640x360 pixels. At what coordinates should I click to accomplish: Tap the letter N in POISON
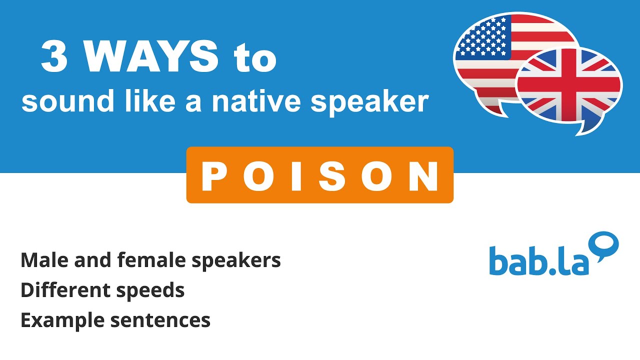coord(425,176)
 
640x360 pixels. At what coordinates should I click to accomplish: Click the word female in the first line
coord(143,260)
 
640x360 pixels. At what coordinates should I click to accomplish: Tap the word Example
coord(62,320)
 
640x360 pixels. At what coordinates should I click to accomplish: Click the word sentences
coord(160,320)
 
